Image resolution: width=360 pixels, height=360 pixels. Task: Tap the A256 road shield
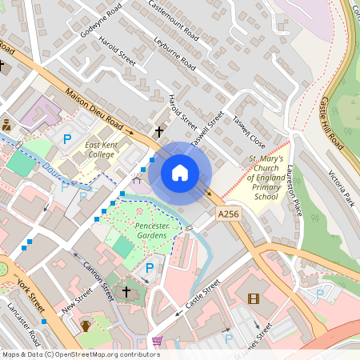228,214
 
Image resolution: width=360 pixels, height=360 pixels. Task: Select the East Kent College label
101,149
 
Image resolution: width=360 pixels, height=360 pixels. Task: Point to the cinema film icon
254,299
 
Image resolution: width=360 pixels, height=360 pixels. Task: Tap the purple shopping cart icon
157,342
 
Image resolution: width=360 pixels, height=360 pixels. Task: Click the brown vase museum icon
85,325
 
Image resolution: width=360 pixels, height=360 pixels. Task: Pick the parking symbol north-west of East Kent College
67,138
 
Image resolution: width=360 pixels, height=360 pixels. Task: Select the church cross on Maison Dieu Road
158,130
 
